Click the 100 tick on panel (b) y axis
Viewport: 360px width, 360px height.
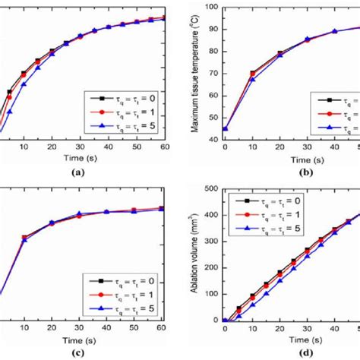pyautogui.click(x=210, y=7)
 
